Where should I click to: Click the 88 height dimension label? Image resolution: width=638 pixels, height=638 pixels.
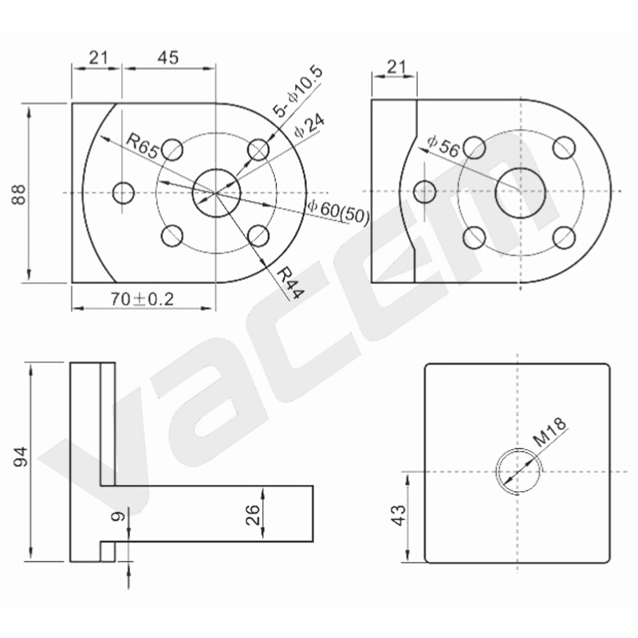[x=18, y=195]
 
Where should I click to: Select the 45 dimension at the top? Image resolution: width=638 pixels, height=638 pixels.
[x=167, y=57]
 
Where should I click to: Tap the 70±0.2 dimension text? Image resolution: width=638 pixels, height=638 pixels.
[x=142, y=300]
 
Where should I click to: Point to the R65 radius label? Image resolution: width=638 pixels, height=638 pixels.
[x=143, y=146]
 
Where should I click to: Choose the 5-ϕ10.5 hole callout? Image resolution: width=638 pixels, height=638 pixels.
[x=297, y=91]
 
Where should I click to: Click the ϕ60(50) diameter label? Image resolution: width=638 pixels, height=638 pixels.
[x=338, y=211]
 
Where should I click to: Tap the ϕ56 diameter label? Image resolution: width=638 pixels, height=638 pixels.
[x=443, y=146]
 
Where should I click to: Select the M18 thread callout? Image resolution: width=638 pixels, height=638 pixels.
[x=549, y=432]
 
